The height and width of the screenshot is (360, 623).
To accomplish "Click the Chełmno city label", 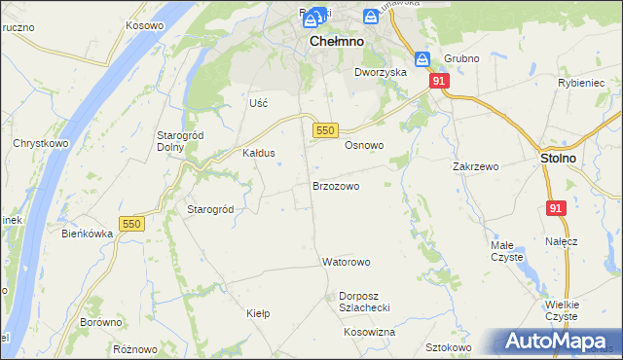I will click(337, 43).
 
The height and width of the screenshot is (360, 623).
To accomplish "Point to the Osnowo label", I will click(364, 145).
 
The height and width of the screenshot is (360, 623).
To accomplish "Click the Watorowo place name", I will click(347, 262).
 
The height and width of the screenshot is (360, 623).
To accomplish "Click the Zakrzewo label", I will click(476, 166).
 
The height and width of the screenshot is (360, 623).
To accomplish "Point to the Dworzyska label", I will click(380, 72).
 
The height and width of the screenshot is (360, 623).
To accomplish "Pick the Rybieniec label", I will click(581, 83).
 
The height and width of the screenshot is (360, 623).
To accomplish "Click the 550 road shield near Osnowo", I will click(325, 129).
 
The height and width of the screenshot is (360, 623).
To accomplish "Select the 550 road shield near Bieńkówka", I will click(131, 224).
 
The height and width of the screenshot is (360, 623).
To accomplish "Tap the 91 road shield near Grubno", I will click(439, 82).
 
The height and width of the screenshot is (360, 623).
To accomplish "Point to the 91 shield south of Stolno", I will click(556, 208).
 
